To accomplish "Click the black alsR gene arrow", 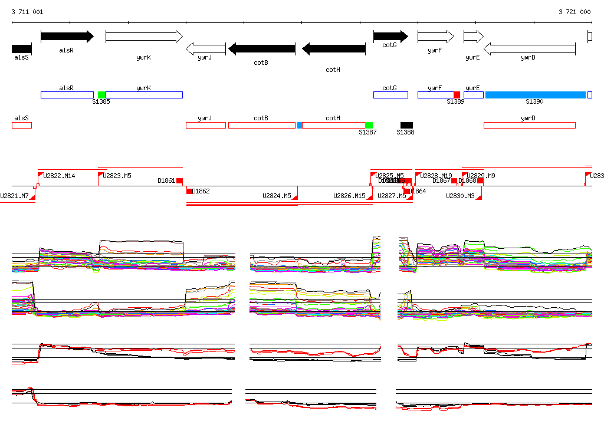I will (x=67, y=37).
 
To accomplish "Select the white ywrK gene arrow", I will (x=144, y=37).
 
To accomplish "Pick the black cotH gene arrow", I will (x=333, y=49).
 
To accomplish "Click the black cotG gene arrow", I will (x=390, y=37).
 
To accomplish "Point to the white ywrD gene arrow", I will (x=529, y=49).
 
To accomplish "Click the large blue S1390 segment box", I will (x=535, y=95).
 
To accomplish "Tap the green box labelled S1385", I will (x=102, y=95).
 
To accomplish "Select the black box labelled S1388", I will (x=406, y=125).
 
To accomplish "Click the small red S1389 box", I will (x=457, y=95).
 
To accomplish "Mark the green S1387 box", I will (x=369, y=125).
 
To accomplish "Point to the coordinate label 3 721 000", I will (x=575, y=12).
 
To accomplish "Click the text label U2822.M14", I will (x=60, y=176).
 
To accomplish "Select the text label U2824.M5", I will (x=277, y=196).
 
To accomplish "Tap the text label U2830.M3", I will (x=461, y=196).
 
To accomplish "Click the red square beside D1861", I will (x=179, y=181).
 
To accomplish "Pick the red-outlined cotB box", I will (x=261, y=125).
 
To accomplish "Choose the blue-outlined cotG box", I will (x=390, y=95).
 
